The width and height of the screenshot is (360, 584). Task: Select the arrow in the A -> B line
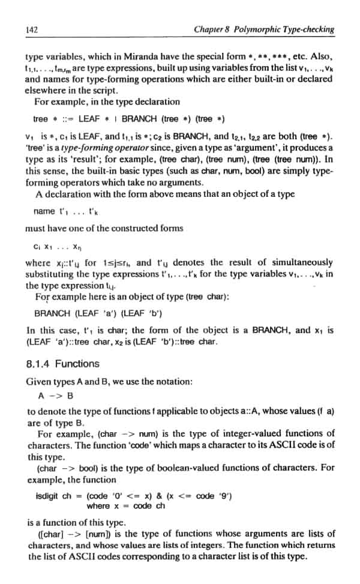[x=55, y=396]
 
